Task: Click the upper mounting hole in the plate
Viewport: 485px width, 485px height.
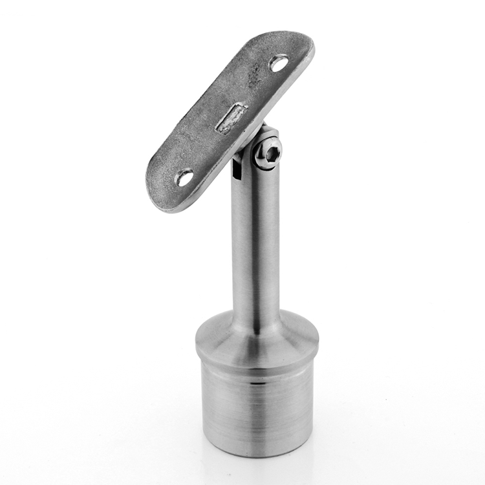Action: tap(279, 63)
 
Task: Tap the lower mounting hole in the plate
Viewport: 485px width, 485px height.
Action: tap(185, 177)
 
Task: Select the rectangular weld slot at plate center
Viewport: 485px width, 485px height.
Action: tap(232, 118)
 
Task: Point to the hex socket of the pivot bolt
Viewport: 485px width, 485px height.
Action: tap(272, 154)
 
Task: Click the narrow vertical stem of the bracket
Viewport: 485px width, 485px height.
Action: tap(257, 246)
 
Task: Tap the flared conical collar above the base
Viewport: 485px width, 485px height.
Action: tap(257, 339)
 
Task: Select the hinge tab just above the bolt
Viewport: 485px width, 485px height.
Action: tap(269, 134)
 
